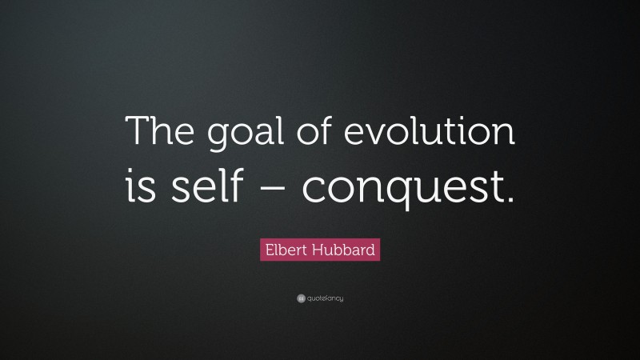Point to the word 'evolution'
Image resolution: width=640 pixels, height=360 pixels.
[422, 131]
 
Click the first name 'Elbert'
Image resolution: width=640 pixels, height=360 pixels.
[286, 251]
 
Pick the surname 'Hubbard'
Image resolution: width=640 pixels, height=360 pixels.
[344, 251]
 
